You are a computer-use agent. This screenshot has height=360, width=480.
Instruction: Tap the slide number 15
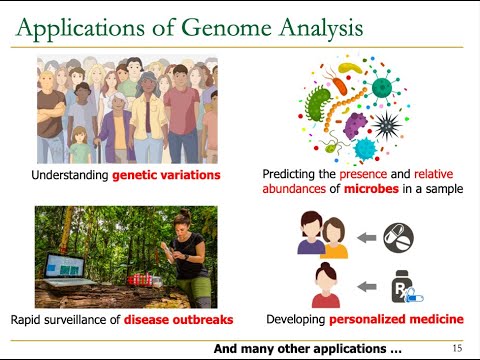tap(457, 349)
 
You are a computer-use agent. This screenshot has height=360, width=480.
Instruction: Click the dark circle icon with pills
tap(398, 237)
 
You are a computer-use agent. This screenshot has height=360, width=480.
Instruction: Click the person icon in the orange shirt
tap(334, 241)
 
